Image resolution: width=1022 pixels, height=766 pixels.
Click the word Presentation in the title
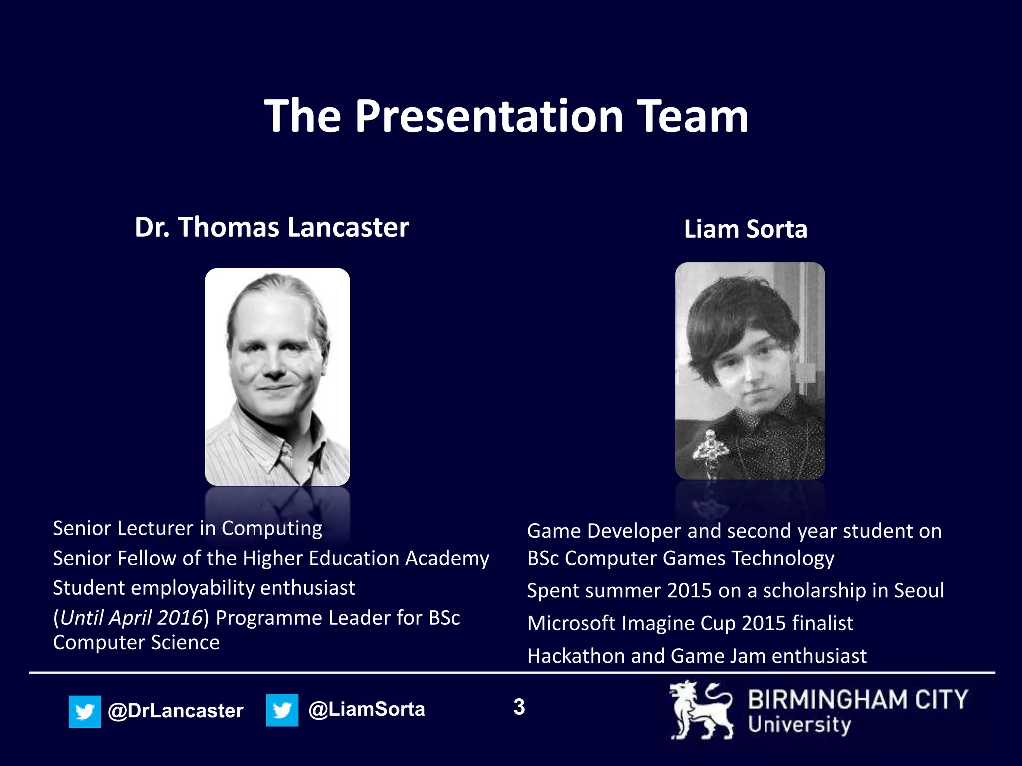[489, 117]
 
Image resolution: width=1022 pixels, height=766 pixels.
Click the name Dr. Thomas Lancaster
[272, 228]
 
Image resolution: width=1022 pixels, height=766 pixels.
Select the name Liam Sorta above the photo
[746, 230]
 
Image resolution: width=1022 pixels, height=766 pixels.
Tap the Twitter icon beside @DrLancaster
[85, 711]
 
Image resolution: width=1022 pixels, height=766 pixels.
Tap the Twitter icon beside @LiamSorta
[282, 710]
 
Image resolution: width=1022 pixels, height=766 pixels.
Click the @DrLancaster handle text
[176, 711]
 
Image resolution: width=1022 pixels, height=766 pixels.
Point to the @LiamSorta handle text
[367, 709]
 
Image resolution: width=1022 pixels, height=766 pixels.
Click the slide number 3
[519, 707]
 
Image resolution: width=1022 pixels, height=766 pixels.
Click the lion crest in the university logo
[701, 710]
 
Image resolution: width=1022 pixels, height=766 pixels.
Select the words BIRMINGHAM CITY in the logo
[857, 699]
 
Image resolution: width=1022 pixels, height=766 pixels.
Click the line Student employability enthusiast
[204, 588]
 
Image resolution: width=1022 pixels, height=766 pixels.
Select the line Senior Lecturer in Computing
[188, 529]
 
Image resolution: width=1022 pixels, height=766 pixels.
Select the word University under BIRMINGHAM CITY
[799, 725]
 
